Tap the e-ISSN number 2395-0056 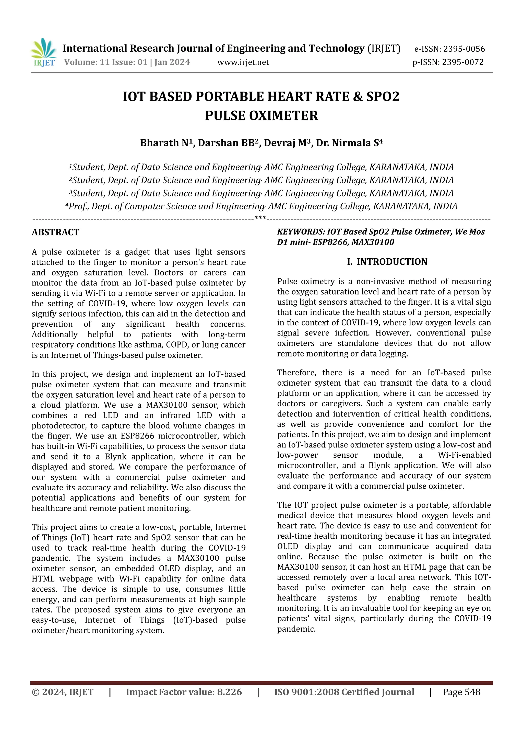[x=464, y=49]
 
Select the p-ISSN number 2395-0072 [x=462, y=62]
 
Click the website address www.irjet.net [x=243, y=62]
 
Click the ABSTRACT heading [x=55, y=232]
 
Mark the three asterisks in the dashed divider [x=260, y=218]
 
